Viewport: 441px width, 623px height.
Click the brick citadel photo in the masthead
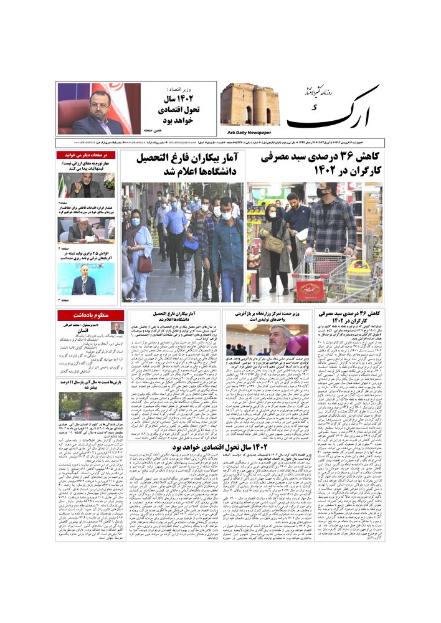pos(250,105)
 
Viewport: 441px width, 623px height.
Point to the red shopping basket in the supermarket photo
pos(310,288)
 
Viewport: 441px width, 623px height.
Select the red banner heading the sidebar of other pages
pos(86,155)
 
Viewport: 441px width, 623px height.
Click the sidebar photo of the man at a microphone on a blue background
pos(86,279)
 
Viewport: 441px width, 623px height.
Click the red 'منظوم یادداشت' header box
pos(86,315)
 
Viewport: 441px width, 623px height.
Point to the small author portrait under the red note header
pos(116,328)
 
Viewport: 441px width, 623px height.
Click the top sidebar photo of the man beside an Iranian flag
pos(86,185)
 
